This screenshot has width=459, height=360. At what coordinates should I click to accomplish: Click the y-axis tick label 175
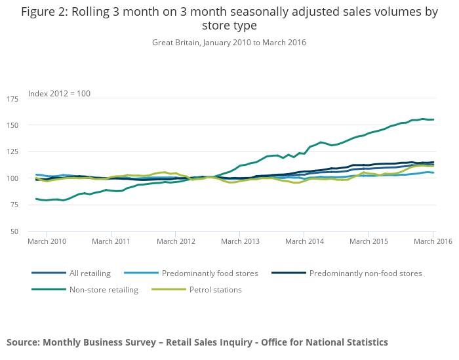tap(13, 99)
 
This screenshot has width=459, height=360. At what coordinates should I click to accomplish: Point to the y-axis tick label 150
tap(13, 125)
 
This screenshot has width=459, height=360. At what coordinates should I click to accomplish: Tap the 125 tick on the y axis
tap(13, 152)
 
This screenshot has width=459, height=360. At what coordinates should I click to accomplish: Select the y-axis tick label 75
tap(14, 205)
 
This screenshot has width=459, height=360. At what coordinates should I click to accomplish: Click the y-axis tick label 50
tap(14, 231)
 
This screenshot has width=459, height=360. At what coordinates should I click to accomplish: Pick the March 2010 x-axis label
tap(47, 241)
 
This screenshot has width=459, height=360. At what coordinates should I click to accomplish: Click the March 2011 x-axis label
tap(111, 241)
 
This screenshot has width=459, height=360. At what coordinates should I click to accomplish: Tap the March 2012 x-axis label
tap(176, 241)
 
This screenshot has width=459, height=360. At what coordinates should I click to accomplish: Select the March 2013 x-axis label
tap(240, 241)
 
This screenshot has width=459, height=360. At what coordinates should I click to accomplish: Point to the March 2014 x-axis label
tap(304, 241)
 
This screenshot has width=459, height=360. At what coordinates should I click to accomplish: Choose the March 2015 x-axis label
tap(369, 241)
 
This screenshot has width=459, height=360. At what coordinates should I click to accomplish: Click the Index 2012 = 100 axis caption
tap(59, 94)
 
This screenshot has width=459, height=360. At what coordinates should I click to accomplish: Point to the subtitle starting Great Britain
tap(229, 43)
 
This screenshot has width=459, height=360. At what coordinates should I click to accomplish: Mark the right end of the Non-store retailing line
tap(433, 119)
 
